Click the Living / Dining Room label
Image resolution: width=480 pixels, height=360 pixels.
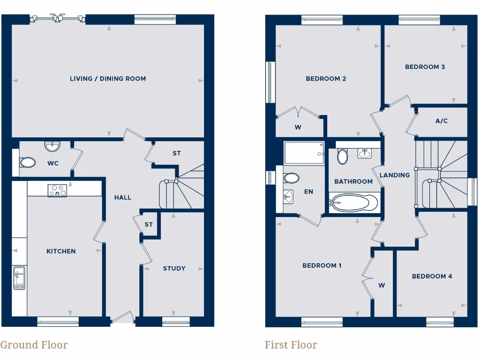pyautogui.click(x=108, y=79)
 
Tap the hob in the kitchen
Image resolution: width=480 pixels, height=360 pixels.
pyautogui.click(x=57, y=190)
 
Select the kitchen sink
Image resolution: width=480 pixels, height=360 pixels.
pyautogui.click(x=19, y=277)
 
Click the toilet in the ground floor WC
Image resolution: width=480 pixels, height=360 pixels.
pyautogui.click(x=27, y=163)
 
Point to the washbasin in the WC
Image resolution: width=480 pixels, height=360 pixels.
pyautogui.click(x=52, y=146)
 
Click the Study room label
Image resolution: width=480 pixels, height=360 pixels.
pyautogui.click(x=174, y=269)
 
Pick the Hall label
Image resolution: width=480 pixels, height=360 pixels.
pyautogui.click(x=123, y=198)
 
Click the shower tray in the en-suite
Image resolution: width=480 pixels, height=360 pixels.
pyautogui.click(x=304, y=153)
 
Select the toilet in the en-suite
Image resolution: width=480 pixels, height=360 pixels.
pyautogui.click(x=291, y=178)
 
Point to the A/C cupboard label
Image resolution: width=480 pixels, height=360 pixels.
pyautogui.click(x=442, y=121)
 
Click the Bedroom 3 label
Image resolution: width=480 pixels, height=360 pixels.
pyautogui.click(x=425, y=67)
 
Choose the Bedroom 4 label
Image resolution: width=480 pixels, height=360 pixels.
pyautogui.click(x=432, y=277)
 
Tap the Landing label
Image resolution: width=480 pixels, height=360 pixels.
pyautogui.click(x=395, y=175)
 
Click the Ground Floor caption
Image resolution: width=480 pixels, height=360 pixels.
pyautogui.click(x=34, y=345)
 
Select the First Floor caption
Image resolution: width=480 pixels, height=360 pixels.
pyautogui.click(x=291, y=345)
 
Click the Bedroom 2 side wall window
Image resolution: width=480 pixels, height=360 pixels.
pyautogui.click(x=270, y=82)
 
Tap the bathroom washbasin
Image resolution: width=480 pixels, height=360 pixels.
pyautogui.click(x=365, y=153)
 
